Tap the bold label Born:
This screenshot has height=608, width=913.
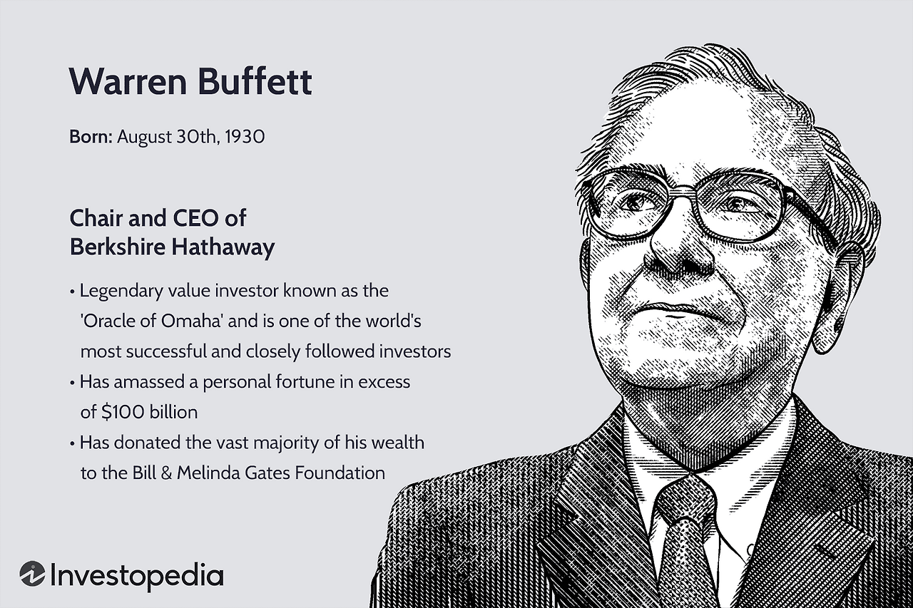[91, 136]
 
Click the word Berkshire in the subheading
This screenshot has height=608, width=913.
[117, 247]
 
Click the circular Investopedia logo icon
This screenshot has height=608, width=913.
[33, 574]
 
